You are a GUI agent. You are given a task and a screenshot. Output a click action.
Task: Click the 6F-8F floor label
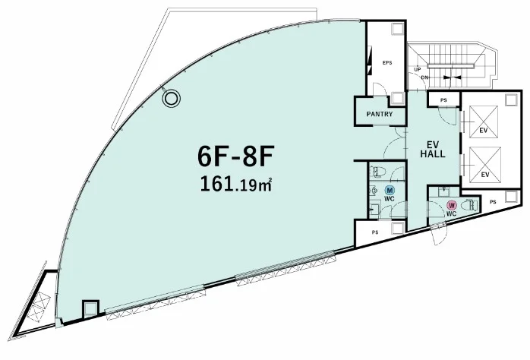click(x=235, y=157)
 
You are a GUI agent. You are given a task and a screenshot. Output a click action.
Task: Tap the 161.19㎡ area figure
click(x=236, y=185)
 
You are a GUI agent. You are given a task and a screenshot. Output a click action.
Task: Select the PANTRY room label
click(x=380, y=114)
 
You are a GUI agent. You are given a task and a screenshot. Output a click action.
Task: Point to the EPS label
click(x=387, y=62)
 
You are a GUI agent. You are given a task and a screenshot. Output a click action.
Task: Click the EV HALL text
click(x=433, y=150)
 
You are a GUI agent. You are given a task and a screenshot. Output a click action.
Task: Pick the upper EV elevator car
click(x=484, y=122)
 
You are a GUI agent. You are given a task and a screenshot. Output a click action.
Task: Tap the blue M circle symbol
click(x=390, y=190)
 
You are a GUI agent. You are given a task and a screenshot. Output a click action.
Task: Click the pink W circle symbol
click(x=451, y=205)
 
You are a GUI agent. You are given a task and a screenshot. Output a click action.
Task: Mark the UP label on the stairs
click(x=418, y=70)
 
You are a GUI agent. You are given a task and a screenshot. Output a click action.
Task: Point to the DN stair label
click(x=425, y=77)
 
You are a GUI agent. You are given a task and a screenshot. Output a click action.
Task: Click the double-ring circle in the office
click(x=171, y=99)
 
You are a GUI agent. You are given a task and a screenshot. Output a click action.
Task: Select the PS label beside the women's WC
click(x=493, y=202)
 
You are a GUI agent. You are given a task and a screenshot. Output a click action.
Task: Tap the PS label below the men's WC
click(x=375, y=232)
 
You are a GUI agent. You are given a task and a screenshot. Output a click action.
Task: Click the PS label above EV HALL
click(x=443, y=100)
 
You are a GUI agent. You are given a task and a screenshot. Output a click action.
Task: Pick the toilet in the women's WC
click(x=470, y=205)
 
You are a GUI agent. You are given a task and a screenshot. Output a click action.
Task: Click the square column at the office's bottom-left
click(x=90, y=309)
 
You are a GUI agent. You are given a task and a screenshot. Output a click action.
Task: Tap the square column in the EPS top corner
click(x=398, y=28)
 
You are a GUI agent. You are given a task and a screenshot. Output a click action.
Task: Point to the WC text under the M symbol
click(x=390, y=199)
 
